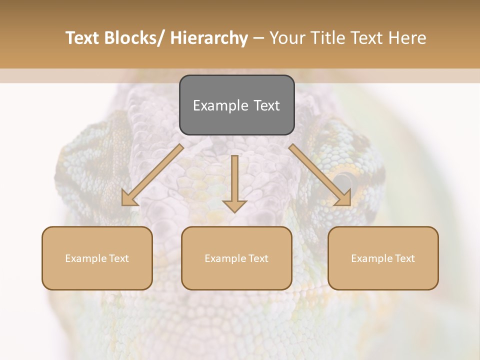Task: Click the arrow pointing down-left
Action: (x=152, y=175)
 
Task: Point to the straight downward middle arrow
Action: (x=234, y=182)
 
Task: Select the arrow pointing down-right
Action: (x=320, y=175)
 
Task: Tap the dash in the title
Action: (x=258, y=38)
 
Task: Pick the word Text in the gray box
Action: (x=266, y=105)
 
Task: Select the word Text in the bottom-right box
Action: (x=404, y=258)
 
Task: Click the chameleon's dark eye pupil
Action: (x=343, y=179)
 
